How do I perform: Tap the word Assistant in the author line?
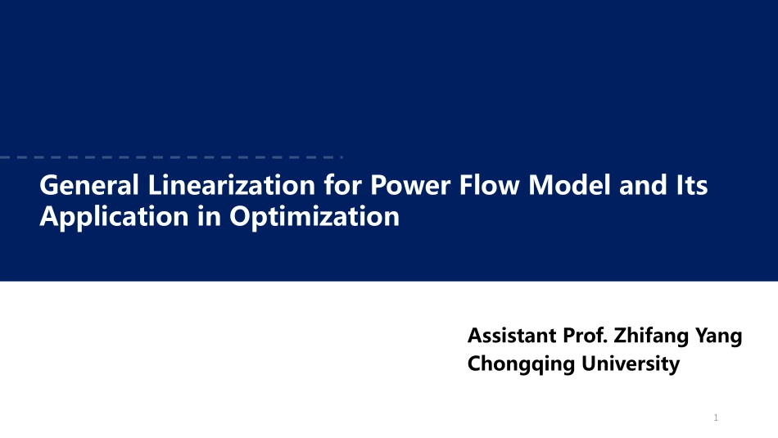click(511, 336)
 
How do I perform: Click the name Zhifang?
click(652, 336)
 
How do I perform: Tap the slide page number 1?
click(716, 418)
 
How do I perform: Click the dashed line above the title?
click(164, 156)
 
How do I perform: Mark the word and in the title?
click(641, 186)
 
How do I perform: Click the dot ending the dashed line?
click(342, 156)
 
